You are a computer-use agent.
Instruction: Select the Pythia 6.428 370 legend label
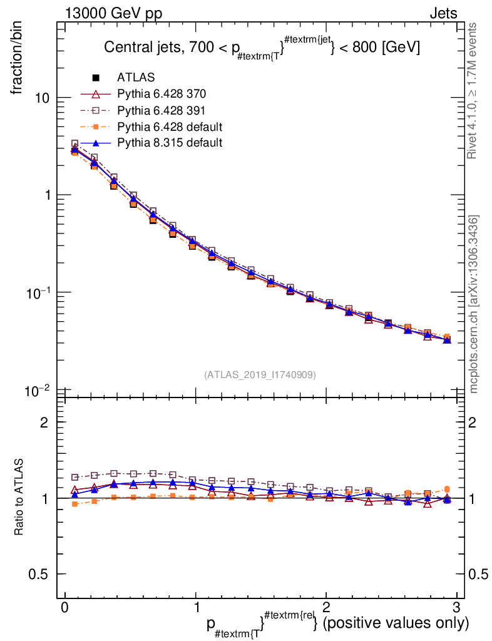tap(161, 94)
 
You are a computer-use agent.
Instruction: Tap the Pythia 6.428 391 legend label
tap(161, 110)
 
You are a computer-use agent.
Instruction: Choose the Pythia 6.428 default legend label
tap(170, 126)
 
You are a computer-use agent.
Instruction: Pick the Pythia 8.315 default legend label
tap(170, 143)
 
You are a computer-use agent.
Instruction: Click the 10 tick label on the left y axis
tap(42, 98)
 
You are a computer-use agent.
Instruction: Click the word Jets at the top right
tap(443, 13)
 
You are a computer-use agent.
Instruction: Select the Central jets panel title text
tap(261, 48)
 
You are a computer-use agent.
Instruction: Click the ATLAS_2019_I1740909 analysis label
tap(260, 375)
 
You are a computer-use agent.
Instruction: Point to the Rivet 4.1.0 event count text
tap(473, 90)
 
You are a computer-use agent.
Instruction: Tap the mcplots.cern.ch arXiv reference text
tap(474, 304)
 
